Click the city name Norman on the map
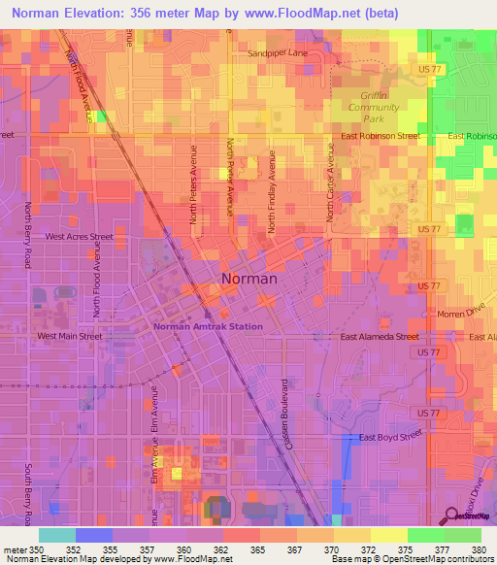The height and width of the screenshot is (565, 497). tap(249, 279)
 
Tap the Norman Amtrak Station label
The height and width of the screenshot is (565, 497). tap(208, 327)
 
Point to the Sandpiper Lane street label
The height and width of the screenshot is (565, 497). tap(277, 54)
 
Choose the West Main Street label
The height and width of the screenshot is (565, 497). tap(69, 336)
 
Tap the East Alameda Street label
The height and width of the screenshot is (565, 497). tap(380, 337)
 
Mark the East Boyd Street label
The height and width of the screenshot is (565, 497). tap(393, 438)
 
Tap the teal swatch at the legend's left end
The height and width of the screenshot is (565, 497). tap(57, 535)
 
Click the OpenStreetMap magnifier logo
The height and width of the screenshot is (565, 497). tap(451, 515)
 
